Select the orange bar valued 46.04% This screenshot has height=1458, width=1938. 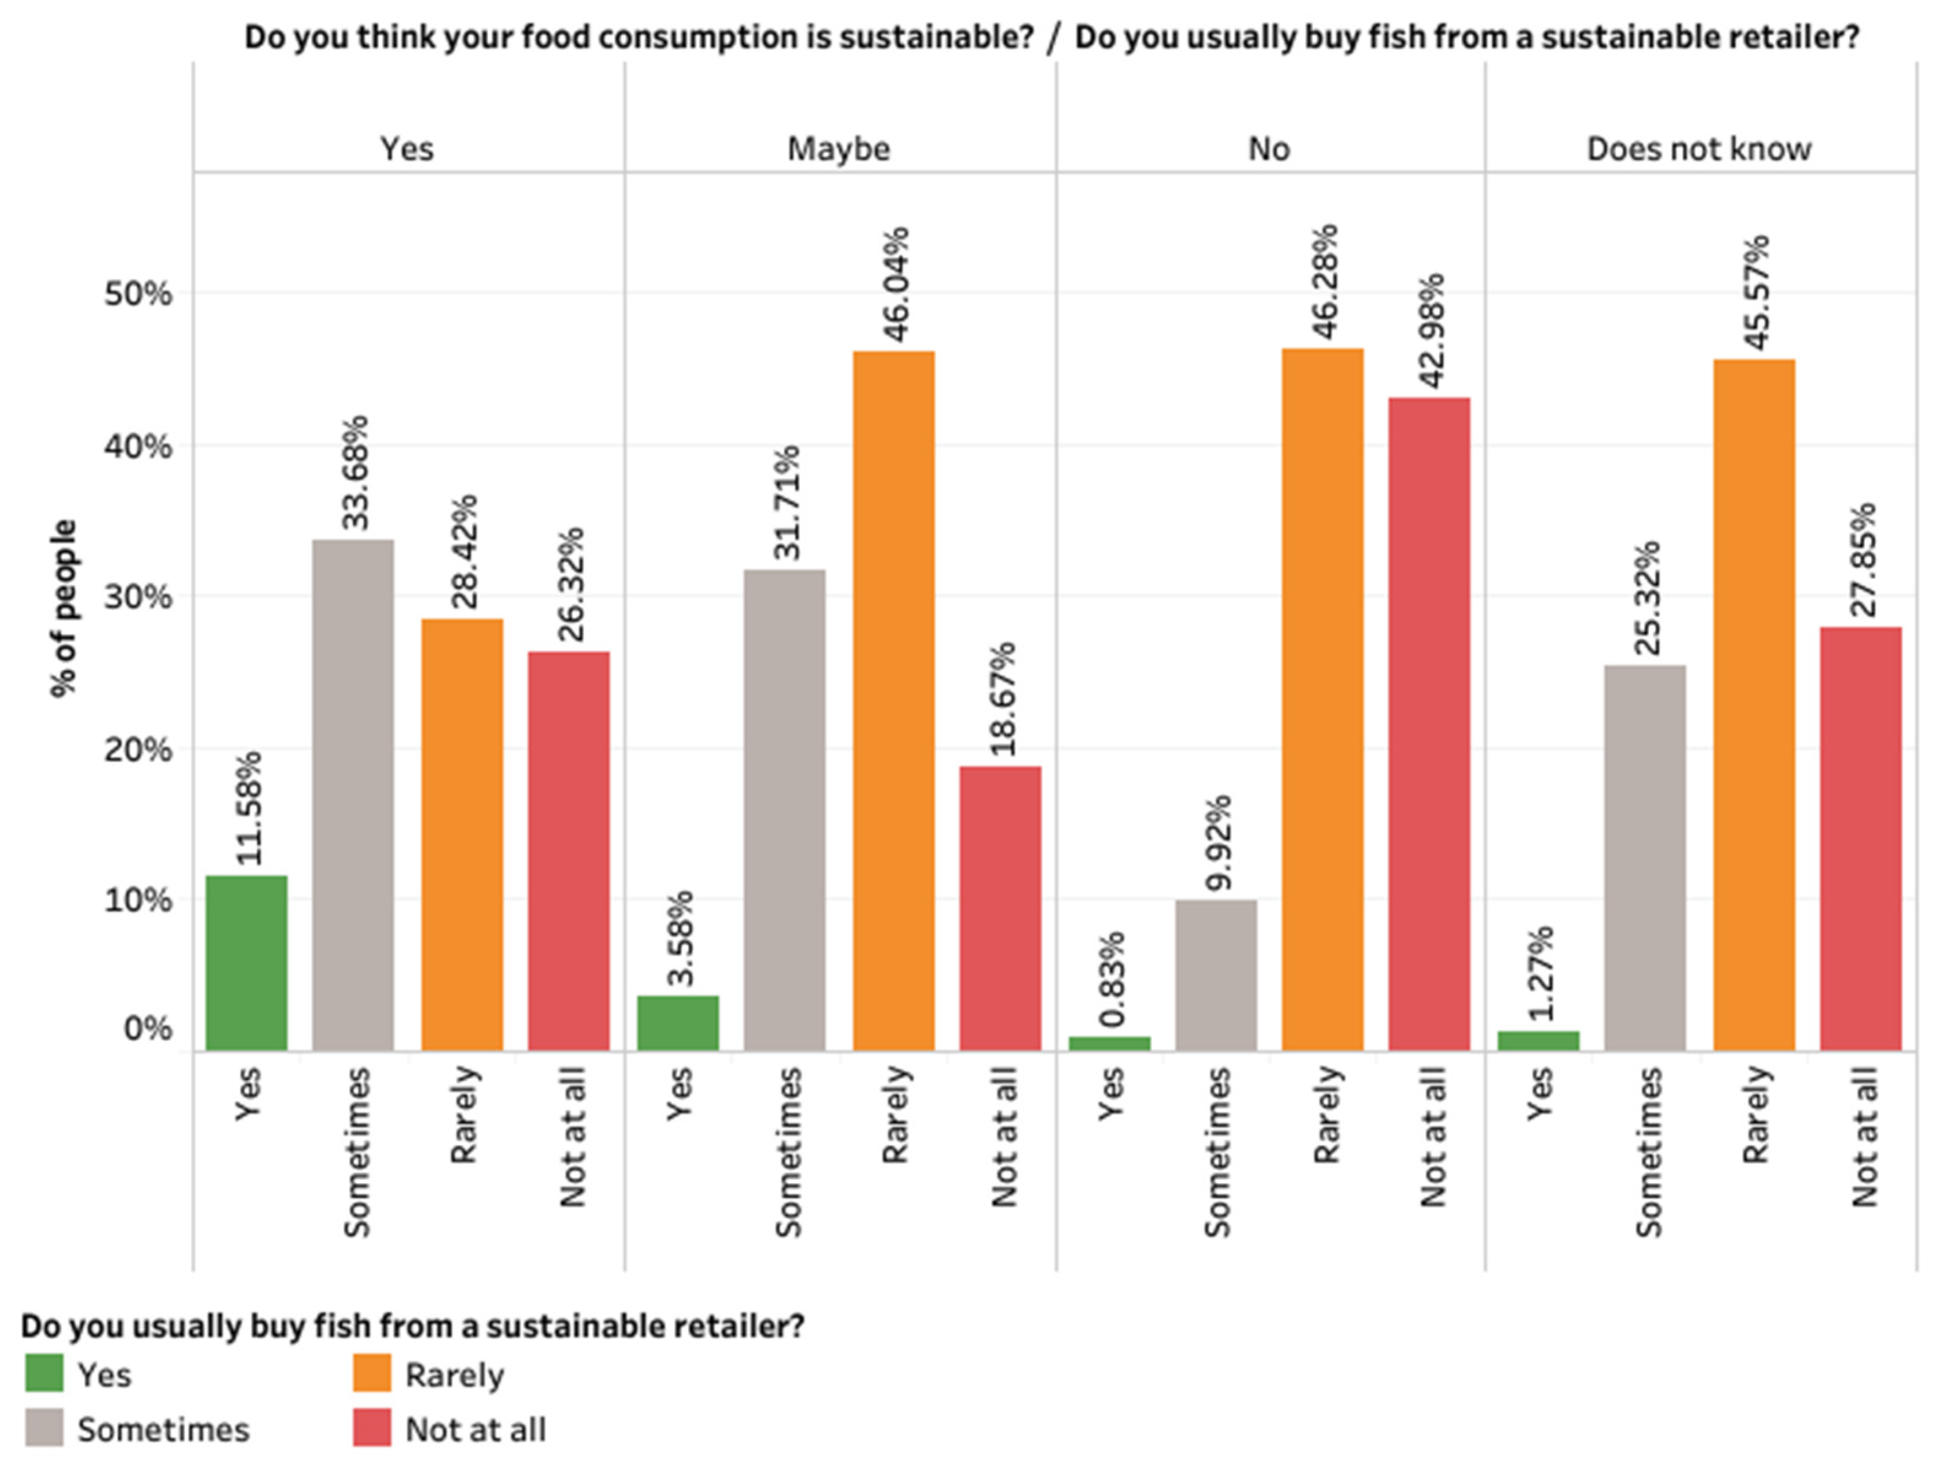[894, 701]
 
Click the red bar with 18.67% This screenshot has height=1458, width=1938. [1001, 908]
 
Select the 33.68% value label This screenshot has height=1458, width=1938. [355, 473]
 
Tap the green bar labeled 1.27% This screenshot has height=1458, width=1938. [1539, 1040]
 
